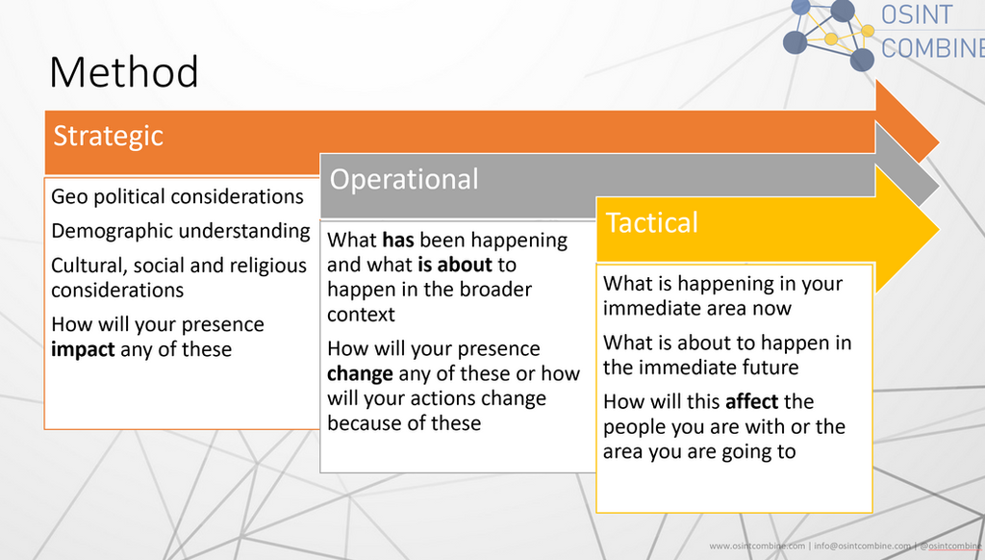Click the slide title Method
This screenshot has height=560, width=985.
[124, 73]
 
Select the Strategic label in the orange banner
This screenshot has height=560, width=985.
[108, 136]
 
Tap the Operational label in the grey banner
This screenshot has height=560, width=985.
[404, 180]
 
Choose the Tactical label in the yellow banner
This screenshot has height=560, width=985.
[652, 223]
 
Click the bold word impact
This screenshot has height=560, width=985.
[83, 349]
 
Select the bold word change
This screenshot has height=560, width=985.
[360, 373]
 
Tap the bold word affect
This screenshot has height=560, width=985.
[751, 402]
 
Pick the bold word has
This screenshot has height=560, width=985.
[398, 241]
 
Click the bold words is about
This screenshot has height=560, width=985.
[455, 265]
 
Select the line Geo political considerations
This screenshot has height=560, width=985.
[177, 197]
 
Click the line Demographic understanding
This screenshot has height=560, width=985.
[181, 231]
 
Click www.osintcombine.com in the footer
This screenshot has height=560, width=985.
[757, 547]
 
